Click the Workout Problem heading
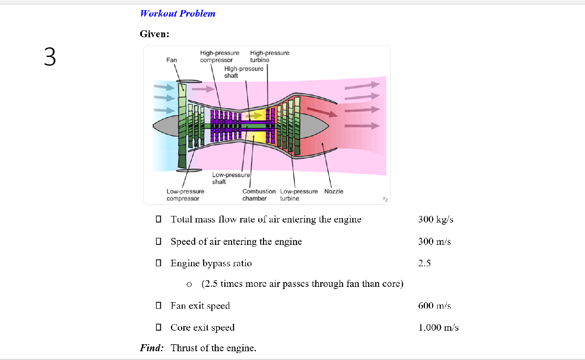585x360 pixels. point(177,14)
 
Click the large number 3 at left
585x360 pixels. point(50,57)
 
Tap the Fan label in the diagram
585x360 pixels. point(171,60)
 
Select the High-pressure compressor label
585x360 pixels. point(220,56)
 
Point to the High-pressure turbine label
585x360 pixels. point(269,56)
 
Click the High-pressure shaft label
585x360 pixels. point(244,72)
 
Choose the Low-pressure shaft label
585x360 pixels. point(230,178)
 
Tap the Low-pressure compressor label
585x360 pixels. point(185,195)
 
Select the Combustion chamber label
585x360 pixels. point(259,195)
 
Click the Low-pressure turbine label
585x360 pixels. point(299,195)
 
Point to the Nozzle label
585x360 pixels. point(334,191)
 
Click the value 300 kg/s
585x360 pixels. point(436,219)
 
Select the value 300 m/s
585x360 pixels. point(434,241)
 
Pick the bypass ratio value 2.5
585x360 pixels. point(425,263)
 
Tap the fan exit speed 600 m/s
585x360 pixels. point(434,306)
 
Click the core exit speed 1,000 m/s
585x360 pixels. point(439,328)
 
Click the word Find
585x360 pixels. point(152,348)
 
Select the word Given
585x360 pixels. point(154,34)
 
